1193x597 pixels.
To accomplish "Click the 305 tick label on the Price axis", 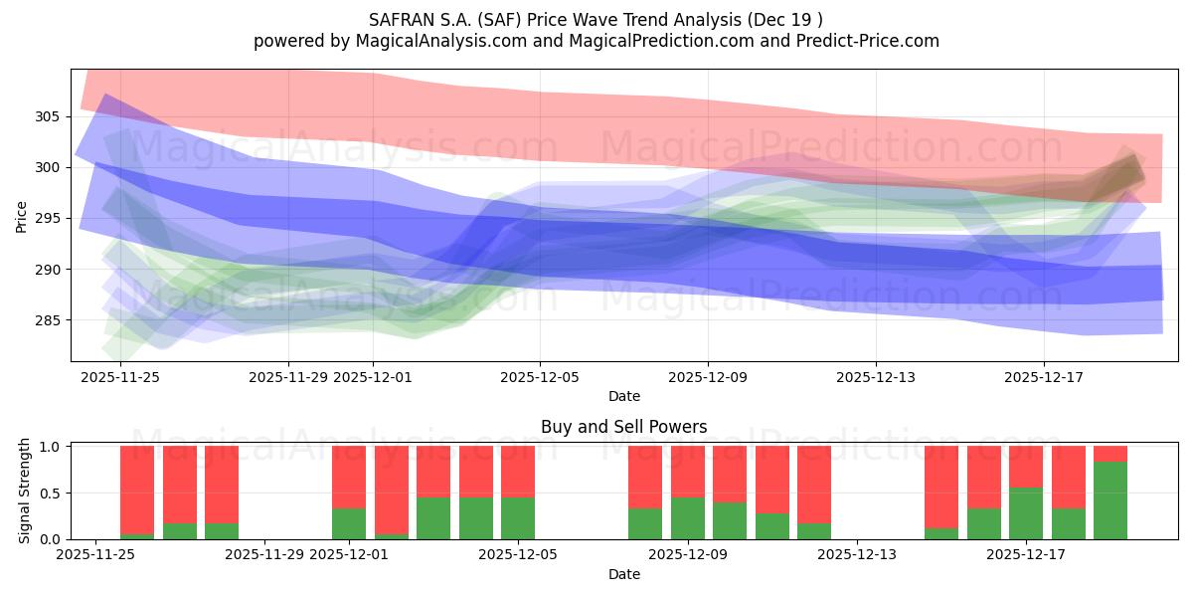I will point(47,116).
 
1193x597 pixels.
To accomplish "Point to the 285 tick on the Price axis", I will point(47,320).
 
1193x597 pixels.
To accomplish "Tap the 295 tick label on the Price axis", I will point(47,218).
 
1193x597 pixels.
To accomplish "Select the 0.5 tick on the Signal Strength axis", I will point(51,493).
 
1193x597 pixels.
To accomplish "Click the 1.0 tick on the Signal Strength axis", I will point(51,447).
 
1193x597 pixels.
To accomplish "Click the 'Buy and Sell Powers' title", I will point(623,427).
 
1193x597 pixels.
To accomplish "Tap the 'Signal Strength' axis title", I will point(26,493).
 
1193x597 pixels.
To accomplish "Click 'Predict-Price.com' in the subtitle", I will point(865,41).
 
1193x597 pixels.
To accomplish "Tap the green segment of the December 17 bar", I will point(1026,513).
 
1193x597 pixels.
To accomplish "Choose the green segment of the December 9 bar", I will point(688,518).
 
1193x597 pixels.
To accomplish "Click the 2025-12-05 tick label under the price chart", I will point(540,377).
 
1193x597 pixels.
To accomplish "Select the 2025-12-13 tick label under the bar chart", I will point(856,554).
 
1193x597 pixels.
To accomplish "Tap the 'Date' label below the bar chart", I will point(623,574).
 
